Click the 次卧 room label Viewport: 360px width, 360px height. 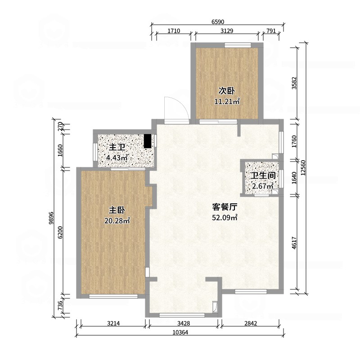[226, 91]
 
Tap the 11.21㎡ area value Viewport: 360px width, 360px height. [227, 101]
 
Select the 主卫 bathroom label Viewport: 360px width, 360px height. [117, 148]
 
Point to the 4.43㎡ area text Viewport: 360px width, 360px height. [117, 158]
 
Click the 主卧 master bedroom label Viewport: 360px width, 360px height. [117, 210]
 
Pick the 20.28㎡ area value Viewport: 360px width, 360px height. [117, 220]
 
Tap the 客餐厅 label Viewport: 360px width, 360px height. [225, 207]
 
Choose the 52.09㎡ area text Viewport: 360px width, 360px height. [225, 217]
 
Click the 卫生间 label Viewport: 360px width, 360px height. [263, 175]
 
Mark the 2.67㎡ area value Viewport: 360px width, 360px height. [263, 186]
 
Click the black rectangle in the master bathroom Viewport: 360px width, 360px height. [148, 141]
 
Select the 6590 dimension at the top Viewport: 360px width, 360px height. [218, 22]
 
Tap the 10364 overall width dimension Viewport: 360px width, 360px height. [180, 332]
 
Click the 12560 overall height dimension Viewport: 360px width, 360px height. [303, 167]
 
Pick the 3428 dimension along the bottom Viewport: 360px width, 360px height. [184, 323]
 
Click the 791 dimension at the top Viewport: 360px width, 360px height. [271, 31]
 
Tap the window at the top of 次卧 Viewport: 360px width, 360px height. [238, 45]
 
